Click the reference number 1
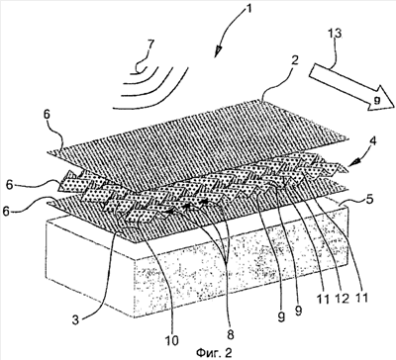point(247,7)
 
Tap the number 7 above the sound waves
point(150,45)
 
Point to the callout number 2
point(294,60)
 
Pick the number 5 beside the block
point(370,200)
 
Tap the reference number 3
point(75,320)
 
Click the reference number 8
point(230,334)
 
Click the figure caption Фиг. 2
point(214,352)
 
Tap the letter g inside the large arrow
point(377,99)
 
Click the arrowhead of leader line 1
point(218,51)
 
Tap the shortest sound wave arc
point(143,70)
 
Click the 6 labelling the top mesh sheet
point(47,115)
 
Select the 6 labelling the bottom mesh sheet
point(6,211)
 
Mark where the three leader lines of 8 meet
point(227,260)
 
